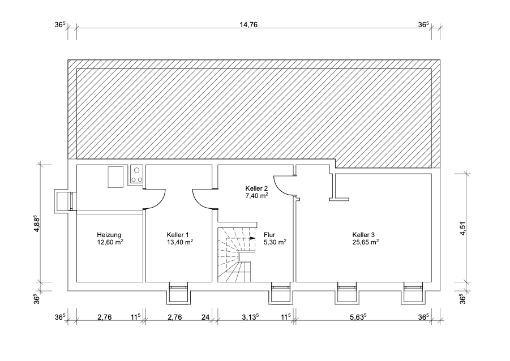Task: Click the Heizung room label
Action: click(x=109, y=235)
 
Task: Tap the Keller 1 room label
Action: click(x=178, y=235)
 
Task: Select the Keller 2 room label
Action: click(x=256, y=188)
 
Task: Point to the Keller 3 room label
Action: click(x=364, y=235)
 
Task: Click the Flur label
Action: click(x=269, y=235)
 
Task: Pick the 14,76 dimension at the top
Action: click(x=254, y=24)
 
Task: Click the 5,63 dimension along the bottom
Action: click(x=358, y=317)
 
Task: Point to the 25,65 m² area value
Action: click(x=365, y=242)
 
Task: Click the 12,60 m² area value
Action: click(x=110, y=242)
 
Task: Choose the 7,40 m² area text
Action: click(x=256, y=195)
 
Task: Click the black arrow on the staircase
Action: click(x=252, y=238)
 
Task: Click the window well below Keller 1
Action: click(x=178, y=293)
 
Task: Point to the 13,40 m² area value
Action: click(x=179, y=242)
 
